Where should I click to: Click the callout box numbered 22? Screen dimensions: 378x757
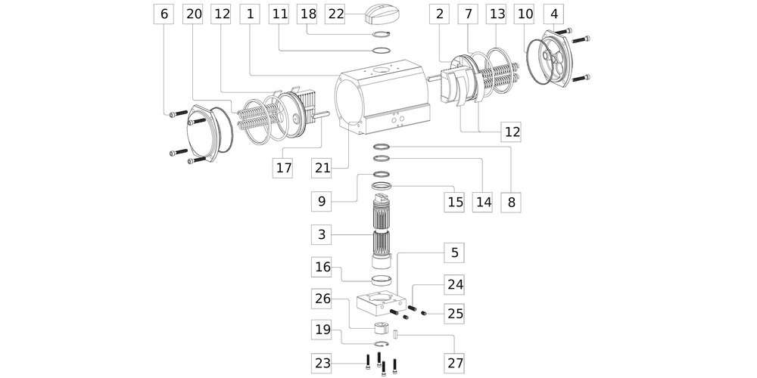tap(335, 14)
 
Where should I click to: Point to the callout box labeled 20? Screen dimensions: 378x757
tap(194, 14)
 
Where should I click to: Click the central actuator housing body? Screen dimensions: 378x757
tap(385, 98)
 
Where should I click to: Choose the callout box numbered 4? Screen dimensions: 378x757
tap(555, 14)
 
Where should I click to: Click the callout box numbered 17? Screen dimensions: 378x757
tap(283, 167)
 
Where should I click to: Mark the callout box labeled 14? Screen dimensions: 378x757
tap(484, 202)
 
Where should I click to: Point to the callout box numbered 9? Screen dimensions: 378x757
tap(322, 202)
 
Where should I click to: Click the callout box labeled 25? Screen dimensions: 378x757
tap(454, 313)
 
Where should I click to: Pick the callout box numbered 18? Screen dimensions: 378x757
tap(307, 14)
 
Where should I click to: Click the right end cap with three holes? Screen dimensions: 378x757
tap(558, 60)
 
